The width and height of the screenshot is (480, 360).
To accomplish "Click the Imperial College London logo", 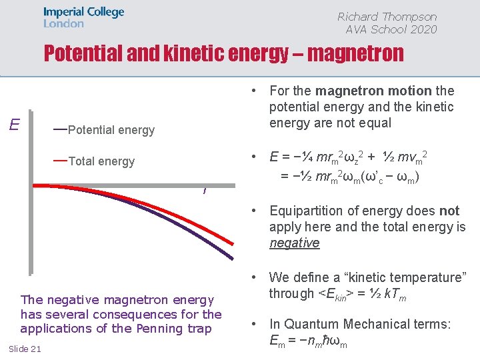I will pyautogui.click(x=83, y=17).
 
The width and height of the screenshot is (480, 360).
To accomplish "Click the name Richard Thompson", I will pyautogui.click(x=387, y=17).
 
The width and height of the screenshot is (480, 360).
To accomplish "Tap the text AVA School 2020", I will pyautogui.click(x=391, y=29).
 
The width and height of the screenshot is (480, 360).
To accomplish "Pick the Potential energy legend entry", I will pyautogui.click(x=111, y=130).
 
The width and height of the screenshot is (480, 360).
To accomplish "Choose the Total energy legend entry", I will pyautogui.click(x=101, y=161).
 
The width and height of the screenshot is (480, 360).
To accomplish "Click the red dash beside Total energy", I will pyautogui.click(x=60, y=160).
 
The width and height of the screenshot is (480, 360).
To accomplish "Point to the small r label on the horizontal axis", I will pyautogui.click(x=204, y=191).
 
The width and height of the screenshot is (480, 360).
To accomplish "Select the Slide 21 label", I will pyautogui.click(x=25, y=349).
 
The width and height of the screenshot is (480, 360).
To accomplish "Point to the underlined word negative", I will pyautogui.click(x=294, y=243).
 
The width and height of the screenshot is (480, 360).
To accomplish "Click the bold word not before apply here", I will pyautogui.click(x=449, y=211).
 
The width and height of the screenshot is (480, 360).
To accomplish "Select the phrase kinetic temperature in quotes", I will pyautogui.click(x=407, y=277).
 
